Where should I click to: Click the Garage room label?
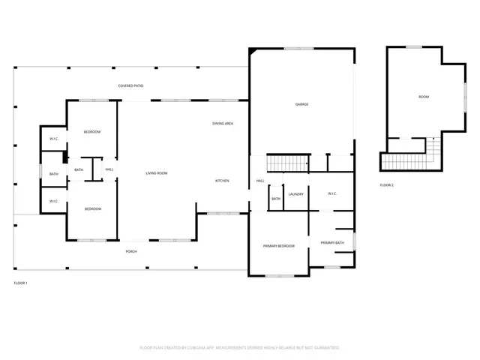(x=301, y=104)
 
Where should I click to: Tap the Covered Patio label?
(x=130, y=86)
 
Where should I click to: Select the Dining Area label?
(x=222, y=123)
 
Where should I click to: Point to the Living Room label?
(x=156, y=173)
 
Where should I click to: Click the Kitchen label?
(x=222, y=181)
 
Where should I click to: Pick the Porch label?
(x=130, y=251)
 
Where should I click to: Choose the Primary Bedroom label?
(x=278, y=246)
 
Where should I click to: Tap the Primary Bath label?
(x=332, y=243)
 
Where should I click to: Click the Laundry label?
(x=295, y=194)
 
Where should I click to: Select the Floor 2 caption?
(x=386, y=184)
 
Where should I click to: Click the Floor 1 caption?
(x=20, y=283)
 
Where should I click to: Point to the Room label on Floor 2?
(x=424, y=97)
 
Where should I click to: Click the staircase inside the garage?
(x=289, y=163)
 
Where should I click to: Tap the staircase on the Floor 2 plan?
(x=409, y=160)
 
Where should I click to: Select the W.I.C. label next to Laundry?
(x=332, y=194)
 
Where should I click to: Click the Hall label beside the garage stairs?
(x=260, y=181)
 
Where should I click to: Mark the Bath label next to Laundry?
(x=276, y=199)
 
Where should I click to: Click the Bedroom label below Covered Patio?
(x=92, y=132)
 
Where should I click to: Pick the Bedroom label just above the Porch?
(x=92, y=208)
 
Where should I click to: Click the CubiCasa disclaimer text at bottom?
(x=240, y=348)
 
